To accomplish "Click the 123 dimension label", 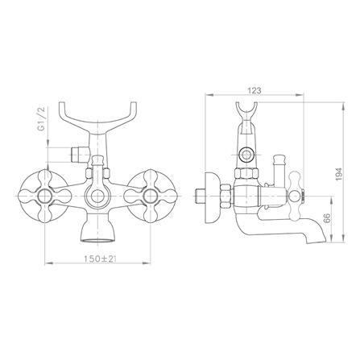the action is pos(254,90).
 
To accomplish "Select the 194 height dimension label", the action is pos(339,174).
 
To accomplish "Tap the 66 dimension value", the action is pos(327,218).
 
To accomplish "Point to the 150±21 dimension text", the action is pos(100,259).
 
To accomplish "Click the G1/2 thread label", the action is pos(42,118).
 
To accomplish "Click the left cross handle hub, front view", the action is pos(43,197).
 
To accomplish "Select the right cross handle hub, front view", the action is pos(150,197).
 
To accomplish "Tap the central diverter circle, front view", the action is pos(97,197).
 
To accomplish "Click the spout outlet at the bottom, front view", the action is pos(97,239).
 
